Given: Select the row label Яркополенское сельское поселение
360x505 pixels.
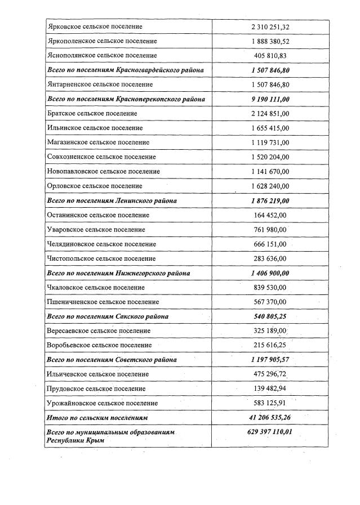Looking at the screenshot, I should [x=102, y=41].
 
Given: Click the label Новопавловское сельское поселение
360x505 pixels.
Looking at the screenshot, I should [x=104, y=171].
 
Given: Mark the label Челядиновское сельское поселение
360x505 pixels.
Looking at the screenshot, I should [x=102, y=244].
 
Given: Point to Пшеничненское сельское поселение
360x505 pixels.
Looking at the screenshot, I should [x=103, y=302].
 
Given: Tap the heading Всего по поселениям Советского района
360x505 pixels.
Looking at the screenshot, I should [x=113, y=360].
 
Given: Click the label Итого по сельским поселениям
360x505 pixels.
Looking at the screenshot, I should [x=97, y=418].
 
